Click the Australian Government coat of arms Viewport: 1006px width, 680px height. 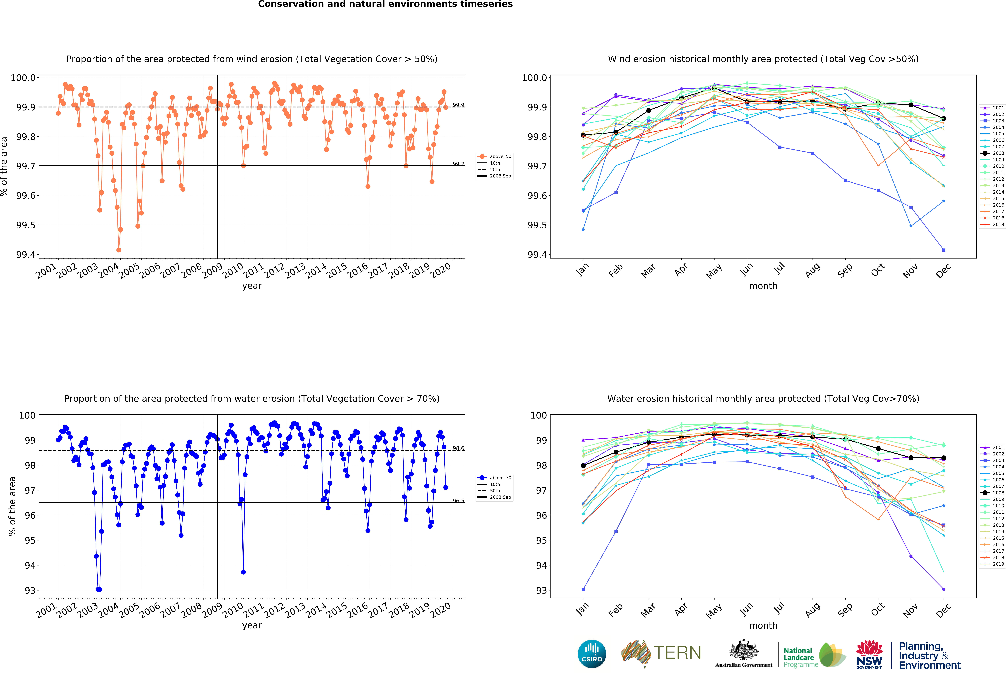pyautogui.click(x=743, y=650)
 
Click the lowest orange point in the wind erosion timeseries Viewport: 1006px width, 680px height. pyautogui.click(x=119, y=250)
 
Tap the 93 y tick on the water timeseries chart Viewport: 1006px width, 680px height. pyautogui.click(x=30, y=590)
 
